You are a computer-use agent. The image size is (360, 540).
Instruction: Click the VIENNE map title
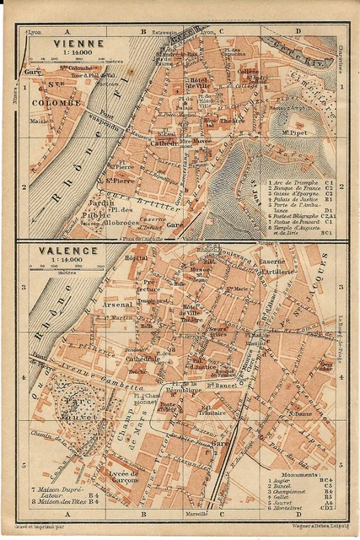click(x=78, y=42)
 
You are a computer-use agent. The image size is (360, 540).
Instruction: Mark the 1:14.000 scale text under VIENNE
click(x=78, y=53)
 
